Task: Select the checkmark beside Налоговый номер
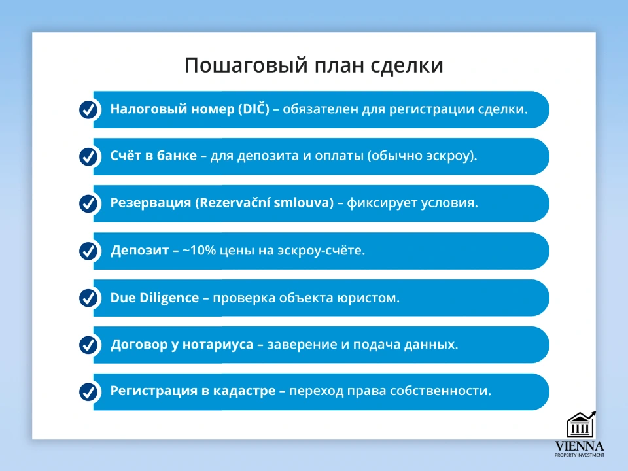pyautogui.click(x=88, y=110)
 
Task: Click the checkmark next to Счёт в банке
pyautogui.click(x=88, y=156)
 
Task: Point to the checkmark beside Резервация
pyautogui.click(x=88, y=203)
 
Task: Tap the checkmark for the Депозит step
pyautogui.click(x=88, y=251)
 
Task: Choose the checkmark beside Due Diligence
pyautogui.click(x=88, y=298)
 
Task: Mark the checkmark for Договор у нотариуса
pyautogui.click(x=88, y=345)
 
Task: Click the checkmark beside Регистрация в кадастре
pyautogui.click(x=88, y=392)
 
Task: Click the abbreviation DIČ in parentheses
pyautogui.click(x=254, y=109)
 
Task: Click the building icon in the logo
pyautogui.click(x=581, y=425)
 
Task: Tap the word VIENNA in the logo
pyautogui.click(x=580, y=446)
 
